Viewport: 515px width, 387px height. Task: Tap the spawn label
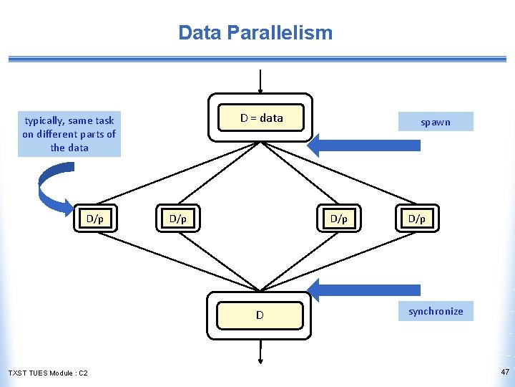[x=435, y=122]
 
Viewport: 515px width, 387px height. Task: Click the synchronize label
[x=435, y=311]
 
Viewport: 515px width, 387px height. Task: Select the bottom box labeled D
[x=260, y=315]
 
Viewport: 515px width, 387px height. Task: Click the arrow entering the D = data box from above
[x=260, y=81]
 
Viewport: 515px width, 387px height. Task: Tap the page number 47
[x=505, y=372]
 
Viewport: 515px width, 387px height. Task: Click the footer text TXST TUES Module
[x=40, y=373]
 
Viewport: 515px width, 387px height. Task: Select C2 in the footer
[x=83, y=373]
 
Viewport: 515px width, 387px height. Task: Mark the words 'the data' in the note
[x=69, y=148]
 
